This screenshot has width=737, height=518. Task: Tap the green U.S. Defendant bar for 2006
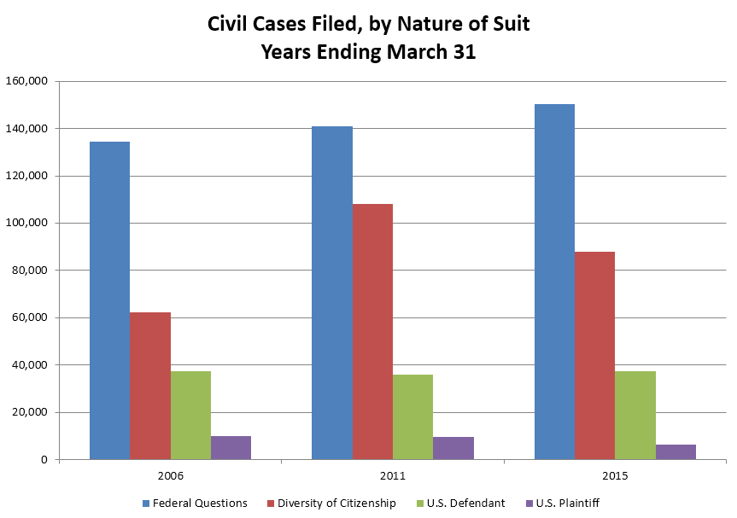pos(190,416)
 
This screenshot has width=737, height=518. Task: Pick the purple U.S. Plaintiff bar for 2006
pos(231,448)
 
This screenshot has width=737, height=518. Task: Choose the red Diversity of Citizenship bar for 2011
pos(372,332)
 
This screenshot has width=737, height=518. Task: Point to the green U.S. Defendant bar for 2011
pos(412,417)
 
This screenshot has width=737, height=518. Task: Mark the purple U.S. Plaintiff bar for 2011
pos(453,448)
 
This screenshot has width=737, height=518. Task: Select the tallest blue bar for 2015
pos(554,282)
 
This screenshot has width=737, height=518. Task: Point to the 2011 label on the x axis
pos(393,474)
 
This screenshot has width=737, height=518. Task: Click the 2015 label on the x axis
pos(615,474)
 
